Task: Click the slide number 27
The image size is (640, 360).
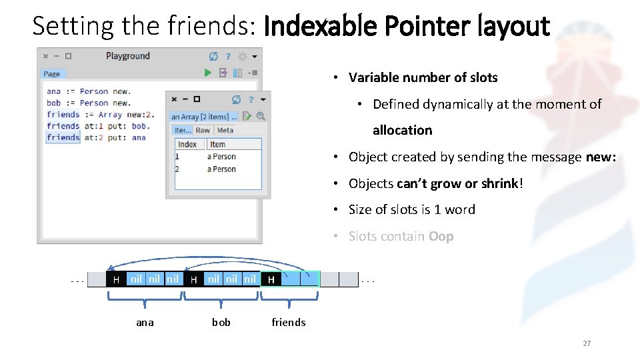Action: tap(587, 343)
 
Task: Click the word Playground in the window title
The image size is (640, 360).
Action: tap(128, 56)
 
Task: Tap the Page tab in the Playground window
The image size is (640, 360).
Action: tap(51, 74)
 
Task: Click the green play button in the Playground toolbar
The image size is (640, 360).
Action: tap(208, 73)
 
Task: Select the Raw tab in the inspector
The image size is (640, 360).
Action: tap(203, 131)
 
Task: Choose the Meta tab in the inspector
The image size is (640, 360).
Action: tap(225, 131)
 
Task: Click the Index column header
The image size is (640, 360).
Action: tap(187, 144)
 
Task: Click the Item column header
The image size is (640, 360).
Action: tap(217, 144)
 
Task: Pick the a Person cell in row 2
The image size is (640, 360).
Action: tap(221, 169)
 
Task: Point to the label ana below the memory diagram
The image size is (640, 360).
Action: tap(145, 323)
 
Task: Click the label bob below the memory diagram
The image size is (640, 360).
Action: tap(221, 323)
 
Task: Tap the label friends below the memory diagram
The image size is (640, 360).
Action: tap(289, 323)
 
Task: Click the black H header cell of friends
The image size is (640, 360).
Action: tap(271, 279)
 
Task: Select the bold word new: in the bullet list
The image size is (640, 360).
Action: tap(601, 157)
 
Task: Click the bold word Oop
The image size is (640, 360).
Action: tap(441, 236)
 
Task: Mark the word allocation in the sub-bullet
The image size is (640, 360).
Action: tap(402, 130)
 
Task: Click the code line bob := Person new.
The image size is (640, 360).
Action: tap(89, 103)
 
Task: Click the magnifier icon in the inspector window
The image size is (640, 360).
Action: tap(261, 116)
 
